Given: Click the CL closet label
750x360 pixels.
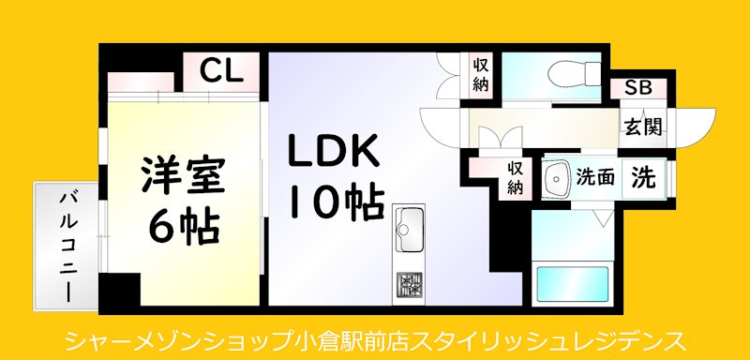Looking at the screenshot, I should point(221,69).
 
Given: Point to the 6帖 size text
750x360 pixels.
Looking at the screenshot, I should point(185,224).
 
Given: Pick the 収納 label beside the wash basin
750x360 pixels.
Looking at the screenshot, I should point(516,177).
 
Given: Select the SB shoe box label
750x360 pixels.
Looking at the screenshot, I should point(638,89).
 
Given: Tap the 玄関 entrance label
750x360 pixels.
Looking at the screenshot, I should point(643,125).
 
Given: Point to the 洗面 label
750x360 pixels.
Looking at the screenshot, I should point(595,176).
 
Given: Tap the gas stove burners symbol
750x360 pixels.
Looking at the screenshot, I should point(409,285).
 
